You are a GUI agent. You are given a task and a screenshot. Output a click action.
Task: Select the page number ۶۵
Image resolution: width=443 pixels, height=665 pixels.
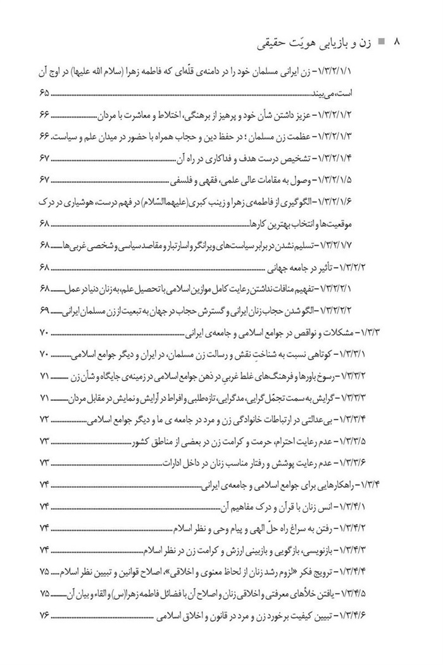point(44,94)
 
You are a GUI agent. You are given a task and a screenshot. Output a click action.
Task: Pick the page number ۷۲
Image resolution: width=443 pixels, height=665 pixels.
point(44,420)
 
